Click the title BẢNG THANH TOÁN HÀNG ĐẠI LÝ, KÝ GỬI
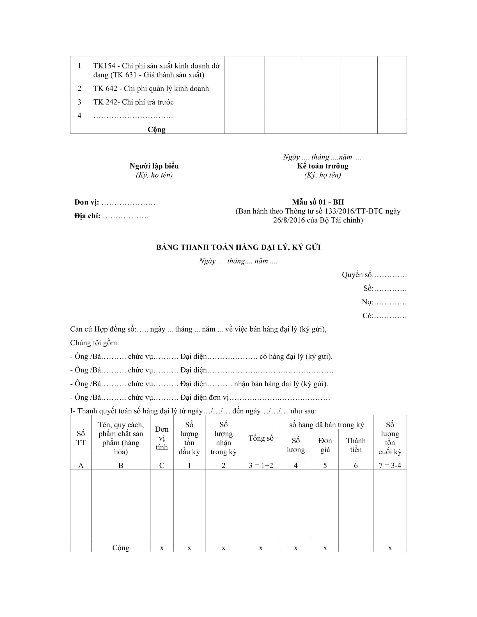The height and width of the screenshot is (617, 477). click(238, 247)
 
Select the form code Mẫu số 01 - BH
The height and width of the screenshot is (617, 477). click(318, 202)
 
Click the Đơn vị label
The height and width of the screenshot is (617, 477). click(86, 202)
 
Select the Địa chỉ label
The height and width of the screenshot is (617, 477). click(87, 216)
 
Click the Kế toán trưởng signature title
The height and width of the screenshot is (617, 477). click(322, 166)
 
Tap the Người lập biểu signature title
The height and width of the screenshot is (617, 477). click(154, 166)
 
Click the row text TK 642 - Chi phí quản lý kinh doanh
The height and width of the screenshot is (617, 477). click(151, 88)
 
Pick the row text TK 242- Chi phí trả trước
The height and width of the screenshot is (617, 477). click(133, 102)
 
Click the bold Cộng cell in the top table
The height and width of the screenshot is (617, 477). click(156, 129)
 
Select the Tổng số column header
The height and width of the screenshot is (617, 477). click(261, 438)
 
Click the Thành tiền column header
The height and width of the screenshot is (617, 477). click(356, 445)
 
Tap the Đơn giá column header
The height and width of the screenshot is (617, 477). click(325, 445)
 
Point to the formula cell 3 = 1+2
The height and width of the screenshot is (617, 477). click(261, 465)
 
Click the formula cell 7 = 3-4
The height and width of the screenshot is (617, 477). click(390, 465)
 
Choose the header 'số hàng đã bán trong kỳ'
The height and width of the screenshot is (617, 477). click(326, 425)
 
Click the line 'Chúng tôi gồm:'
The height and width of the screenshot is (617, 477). click(94, 343)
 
